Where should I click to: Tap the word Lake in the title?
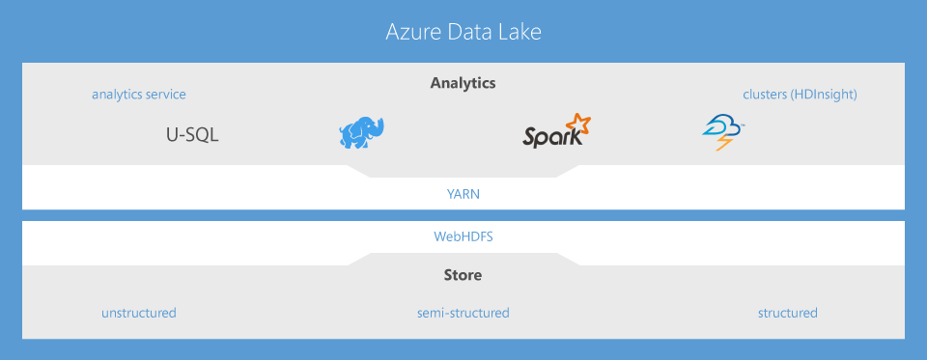pyautogui.click(x=519, y=32)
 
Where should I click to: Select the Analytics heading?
pyautogui.click(x=463, y=83)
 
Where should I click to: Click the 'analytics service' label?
pyautogui.click(x=139, y=95)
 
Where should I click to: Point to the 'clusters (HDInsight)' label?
pyautogui.click(x=800, y=95)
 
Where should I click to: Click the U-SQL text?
pyautogui.click(x=192, y=135)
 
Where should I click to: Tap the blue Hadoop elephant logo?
pyautogui.click(x=361, y=133)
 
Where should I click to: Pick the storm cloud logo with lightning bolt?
pyautogui.click(x=723, y=131)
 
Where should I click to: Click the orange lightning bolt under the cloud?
pyautogui.click(x=722, y=143)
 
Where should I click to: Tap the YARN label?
pyautogui.click(x=463, y=193)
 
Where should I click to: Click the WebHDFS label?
pyautogui.click(x=463, y=235)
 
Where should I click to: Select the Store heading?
pyautogui.click(x=463, y=276)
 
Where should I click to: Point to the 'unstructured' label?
pyautogui.click(x=139, y=313)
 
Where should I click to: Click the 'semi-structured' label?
pyautogui.click(x=463, y=313)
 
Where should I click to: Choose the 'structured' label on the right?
pyautogui.click(x=787, y=313)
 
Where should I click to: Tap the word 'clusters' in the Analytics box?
pyautogui.click(x=766, y=95)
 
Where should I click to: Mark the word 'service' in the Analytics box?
pyautogui.click(x=166, y=95)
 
